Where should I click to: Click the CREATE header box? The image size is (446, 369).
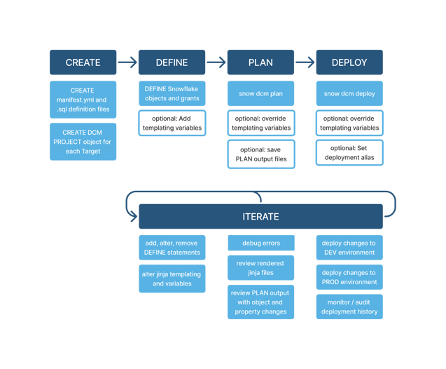tap(83, 62)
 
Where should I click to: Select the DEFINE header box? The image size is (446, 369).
tap(172, 62)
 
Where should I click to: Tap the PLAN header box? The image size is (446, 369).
tap(260, 62)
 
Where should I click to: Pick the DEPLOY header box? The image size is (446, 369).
tap(349, 62)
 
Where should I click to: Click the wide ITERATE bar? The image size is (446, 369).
tap(260, 217)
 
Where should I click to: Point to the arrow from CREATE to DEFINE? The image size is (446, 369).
tap(127, 62)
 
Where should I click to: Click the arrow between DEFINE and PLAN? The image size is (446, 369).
tap(216, 62)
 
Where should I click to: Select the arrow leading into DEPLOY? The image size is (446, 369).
tap(305, 62)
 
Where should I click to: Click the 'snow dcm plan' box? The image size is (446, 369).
tap(260, 93)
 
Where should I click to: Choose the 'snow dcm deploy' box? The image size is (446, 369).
tap(349, 93)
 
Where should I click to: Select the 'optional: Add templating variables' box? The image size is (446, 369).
tap(172, 123)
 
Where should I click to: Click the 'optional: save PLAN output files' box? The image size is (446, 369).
tap(261, 154)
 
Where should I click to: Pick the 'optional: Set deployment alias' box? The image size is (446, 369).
tap(349, 153)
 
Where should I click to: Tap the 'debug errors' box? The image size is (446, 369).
tap(261, 243)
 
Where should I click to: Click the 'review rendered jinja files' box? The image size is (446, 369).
tap(260, 268)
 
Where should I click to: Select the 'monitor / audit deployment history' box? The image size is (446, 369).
tap(349, 307)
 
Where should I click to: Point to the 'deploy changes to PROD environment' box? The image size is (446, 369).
tap(349, 277)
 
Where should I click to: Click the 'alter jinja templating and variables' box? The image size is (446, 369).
tap(172, 279)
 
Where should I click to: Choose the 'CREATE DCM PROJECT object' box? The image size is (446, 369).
tap(83, 142)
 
